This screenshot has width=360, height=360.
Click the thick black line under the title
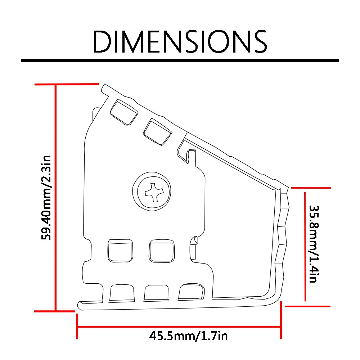pos(180,60)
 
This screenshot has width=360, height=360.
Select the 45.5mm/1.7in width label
pos(188,336)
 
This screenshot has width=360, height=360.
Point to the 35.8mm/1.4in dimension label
pos(313,244)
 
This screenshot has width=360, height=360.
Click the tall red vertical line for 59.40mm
pos(55,198)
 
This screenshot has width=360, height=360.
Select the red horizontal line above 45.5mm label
pos(179,327)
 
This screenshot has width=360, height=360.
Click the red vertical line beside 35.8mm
pos(305,247)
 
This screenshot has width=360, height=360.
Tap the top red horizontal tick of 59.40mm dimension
pos(67,85)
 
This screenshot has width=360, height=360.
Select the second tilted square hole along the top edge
pos(157,132)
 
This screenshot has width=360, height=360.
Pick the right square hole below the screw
pos(162,251)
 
